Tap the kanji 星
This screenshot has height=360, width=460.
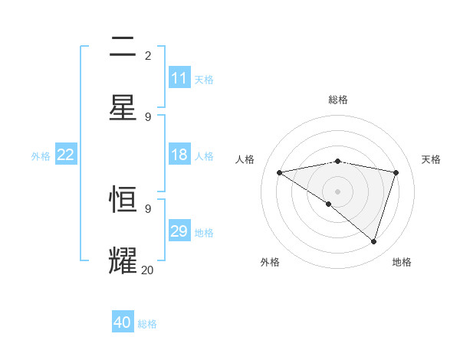(123, 107)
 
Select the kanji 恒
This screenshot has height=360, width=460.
(123, 201)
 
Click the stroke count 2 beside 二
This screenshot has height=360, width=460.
(148, 56)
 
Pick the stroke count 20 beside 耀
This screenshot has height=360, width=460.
(147, 270)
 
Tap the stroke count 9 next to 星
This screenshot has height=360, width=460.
(148, 116)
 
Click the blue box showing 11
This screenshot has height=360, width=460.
(179, 78)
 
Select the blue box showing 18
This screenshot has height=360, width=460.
(179, 155)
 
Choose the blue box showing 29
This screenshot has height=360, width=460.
(179, 231)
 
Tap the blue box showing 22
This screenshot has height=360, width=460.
(66, 155)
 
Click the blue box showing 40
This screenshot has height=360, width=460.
(123, 322)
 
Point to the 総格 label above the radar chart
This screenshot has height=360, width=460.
(338, 100)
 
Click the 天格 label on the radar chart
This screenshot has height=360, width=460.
(432, 159)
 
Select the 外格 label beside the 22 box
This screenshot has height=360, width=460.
(41, 155)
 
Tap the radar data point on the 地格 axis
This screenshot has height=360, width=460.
(373, 241)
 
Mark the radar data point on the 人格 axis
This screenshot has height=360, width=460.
(279, 172)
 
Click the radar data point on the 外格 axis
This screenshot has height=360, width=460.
(328, 204)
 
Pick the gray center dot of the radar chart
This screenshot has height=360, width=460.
(338, 191)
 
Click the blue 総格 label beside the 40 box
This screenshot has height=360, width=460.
(147, 324)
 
